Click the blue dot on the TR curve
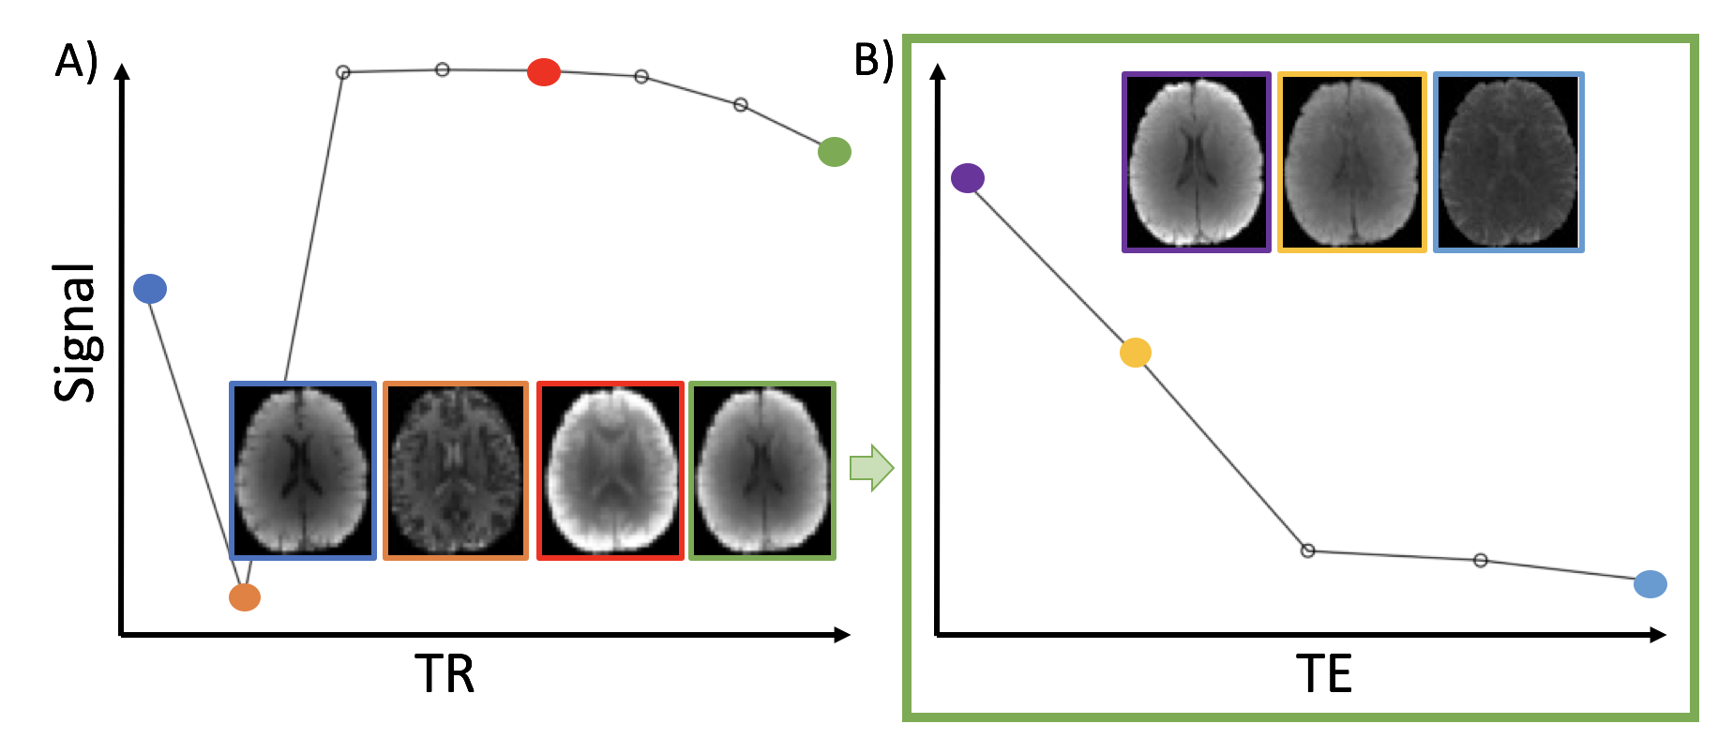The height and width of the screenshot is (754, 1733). [150, 289]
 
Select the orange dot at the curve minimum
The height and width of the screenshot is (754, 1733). [245, 597]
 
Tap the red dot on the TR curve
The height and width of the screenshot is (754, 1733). [544, 71]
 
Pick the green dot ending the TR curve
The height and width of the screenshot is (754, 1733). [834, 152]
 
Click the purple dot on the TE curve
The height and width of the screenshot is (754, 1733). [968, 178]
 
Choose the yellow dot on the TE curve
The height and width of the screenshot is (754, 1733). [1136, 353]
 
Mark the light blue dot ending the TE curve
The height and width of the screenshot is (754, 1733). [1650, 584]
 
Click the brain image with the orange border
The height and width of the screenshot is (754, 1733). [456, 471]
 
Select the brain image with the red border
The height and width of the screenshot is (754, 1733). [610, 471]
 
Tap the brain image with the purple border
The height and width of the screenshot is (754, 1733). [1197, 162]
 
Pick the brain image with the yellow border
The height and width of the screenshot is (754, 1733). [1351, 162]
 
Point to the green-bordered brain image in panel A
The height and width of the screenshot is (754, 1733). [762, 471]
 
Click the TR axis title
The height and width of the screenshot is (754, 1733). [445, 674]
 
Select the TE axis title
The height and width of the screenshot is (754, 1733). [1324, 674]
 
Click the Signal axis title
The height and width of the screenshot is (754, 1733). [76, 333]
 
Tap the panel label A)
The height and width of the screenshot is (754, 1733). [76, 62]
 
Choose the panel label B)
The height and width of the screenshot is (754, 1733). [873, 60]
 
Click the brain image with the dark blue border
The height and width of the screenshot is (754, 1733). [303, 471]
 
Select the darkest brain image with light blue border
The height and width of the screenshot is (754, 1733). [1508, 162]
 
